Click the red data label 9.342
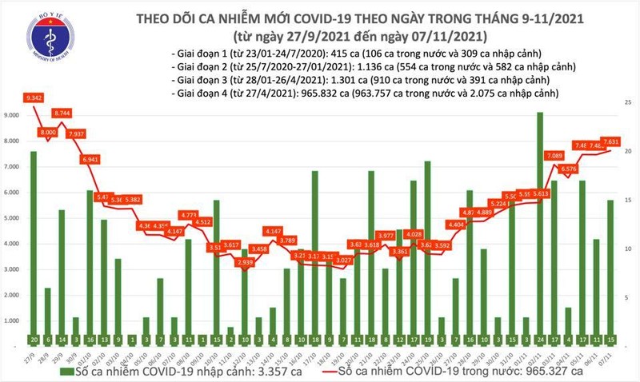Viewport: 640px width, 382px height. pyautogui.click(x=34, y=97)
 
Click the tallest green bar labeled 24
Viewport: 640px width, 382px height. pyautogui.click(x=540, y=224)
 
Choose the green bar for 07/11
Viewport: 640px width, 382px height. pyautogui.click(x=610, y=272)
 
